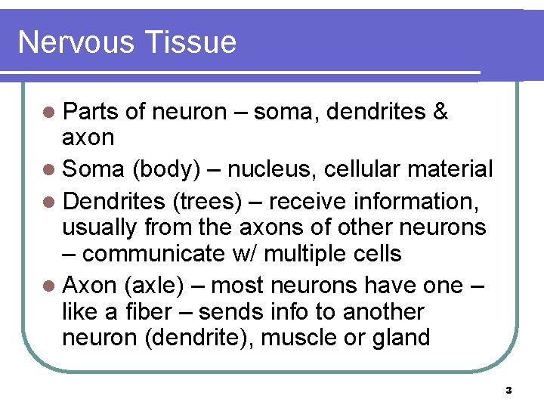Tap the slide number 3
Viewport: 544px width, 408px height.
[x=508, y=391]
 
